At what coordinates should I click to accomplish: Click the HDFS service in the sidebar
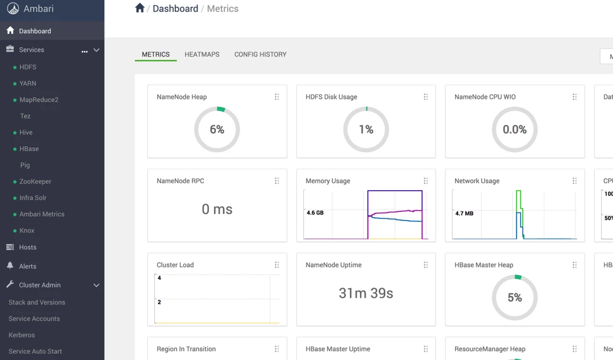pos(28,67)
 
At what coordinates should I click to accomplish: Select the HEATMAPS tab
pos(202,54)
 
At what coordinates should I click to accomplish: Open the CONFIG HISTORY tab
pos(261,54)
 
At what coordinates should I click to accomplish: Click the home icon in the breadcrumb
pos(140,8)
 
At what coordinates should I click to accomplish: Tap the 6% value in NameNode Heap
pos(217,130)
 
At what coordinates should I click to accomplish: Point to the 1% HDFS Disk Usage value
pos(366,130)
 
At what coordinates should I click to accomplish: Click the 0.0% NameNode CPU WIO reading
pos(514,130)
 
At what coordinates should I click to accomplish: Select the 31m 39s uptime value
pos(366,293)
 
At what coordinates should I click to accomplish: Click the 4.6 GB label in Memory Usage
pos(315,213)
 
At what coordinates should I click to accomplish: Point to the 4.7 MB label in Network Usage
pos(464,213)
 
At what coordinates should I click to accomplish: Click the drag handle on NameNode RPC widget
pos(277,181)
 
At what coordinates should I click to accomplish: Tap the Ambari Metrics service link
pos(42,214)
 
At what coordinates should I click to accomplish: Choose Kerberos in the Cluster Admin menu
pos(21,335)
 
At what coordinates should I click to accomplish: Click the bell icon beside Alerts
pos(10,266)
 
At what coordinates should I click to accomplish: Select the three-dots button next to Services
pos(84,51)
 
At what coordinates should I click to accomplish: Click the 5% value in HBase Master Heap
pos(514,298)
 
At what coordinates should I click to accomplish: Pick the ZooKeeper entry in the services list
pos(35,181)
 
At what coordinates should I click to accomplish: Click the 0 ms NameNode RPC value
pos(217,209)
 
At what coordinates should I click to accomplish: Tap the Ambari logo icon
pos(13,9)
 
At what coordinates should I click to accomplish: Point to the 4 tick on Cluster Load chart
pos(159,278)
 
